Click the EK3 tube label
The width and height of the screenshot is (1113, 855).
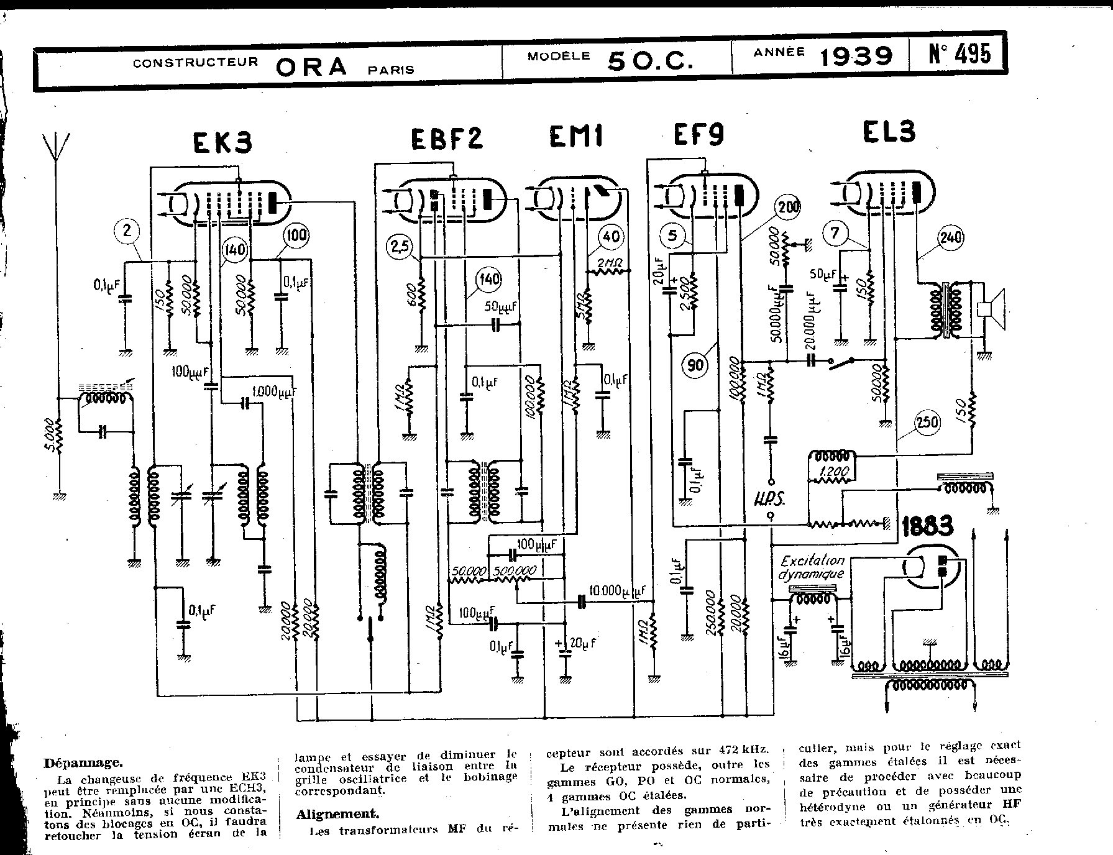tap(222, 143)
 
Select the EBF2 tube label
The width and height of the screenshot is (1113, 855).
tap(446, 139)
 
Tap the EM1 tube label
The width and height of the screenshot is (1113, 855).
tap(575, 137)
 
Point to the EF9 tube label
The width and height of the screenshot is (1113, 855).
tap(699, 134)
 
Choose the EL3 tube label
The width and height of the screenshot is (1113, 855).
tap(889, 132)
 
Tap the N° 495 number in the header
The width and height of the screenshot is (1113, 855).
tap(959, 55)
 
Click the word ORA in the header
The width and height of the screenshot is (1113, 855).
tap(311, 66)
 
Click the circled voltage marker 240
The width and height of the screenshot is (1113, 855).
tap(951, 237)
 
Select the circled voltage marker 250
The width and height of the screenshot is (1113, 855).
tap(927, 423)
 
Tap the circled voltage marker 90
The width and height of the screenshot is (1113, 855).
tap(695, 365)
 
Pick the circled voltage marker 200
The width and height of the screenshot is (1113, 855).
tap(789, 208)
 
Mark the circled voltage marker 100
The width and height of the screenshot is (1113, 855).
tap(297, 235)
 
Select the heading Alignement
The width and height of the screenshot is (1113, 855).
tap(337, 813)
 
